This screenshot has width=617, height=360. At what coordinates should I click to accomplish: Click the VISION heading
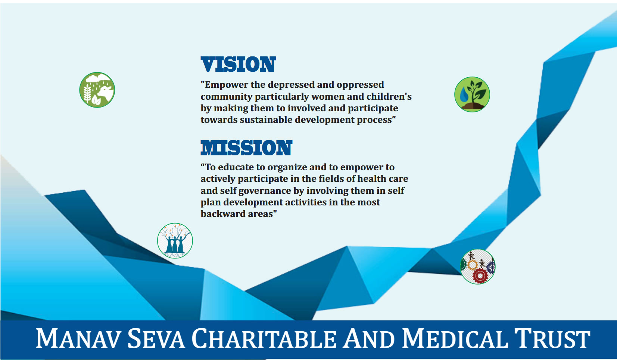pos(238,64)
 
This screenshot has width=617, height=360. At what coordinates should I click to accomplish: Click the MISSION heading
pos(246,148)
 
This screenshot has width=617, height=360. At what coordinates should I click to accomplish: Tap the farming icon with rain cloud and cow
pos(97,90)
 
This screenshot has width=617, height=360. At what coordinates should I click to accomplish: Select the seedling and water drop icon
pos(472,94)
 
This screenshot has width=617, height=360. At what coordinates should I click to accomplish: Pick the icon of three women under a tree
pos(175,240)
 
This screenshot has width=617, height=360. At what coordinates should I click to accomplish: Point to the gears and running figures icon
pos(478,267)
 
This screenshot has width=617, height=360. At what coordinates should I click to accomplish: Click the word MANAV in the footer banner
pos(78,338)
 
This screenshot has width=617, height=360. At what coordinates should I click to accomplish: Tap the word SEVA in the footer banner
pos(156,338)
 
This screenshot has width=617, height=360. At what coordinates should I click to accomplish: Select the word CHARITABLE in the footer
pos(264,338)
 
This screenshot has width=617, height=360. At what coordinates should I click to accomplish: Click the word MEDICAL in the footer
pos(455,338)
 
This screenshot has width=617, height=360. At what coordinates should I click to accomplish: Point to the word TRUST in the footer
pos(552,338)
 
